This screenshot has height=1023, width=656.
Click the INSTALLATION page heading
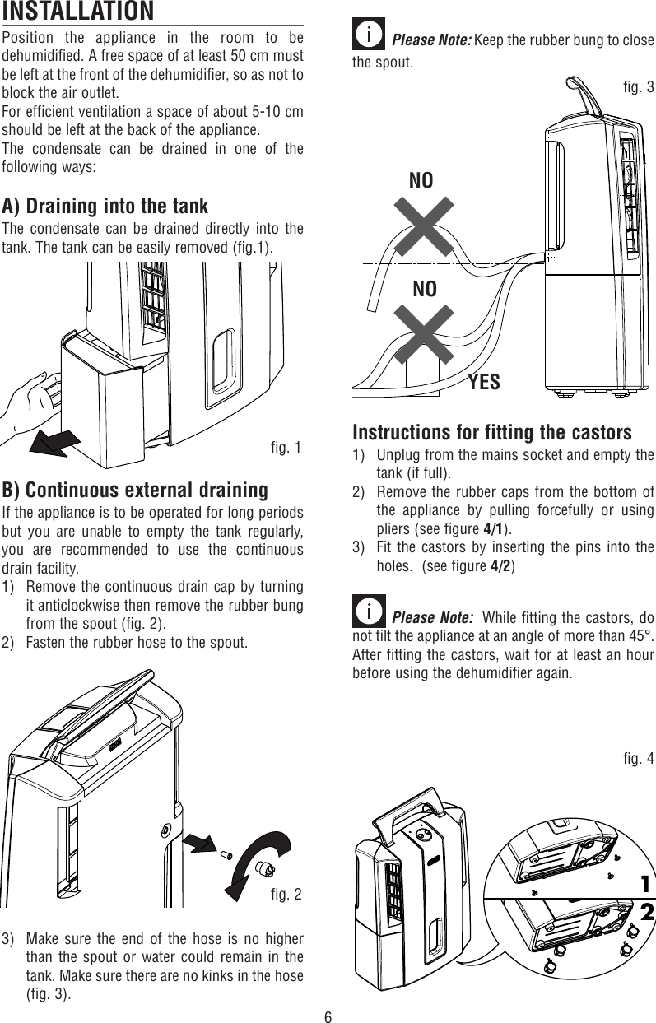pos(77,12)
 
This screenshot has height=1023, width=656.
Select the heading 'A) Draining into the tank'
pos(105,205)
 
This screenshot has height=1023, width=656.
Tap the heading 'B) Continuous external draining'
pos(135,491)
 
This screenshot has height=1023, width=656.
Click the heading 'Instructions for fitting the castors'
pos(491,433)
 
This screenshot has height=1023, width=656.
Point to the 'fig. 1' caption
pos(286,448)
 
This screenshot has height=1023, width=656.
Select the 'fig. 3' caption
pos(639,86)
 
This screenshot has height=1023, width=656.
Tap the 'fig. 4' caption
pos(639,758)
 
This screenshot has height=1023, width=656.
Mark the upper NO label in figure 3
pos(421,180)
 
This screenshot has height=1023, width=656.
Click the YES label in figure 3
pos(484,382)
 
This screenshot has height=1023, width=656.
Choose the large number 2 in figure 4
pos(646,913)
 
